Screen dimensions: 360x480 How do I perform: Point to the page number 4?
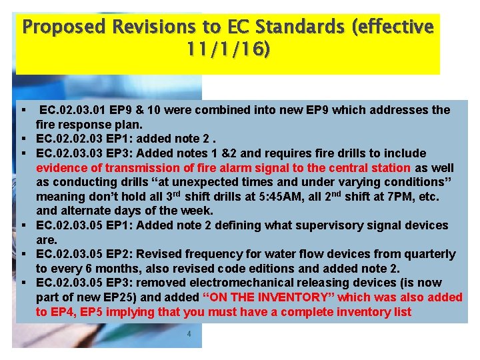pyautogui.click(x=189, y=334)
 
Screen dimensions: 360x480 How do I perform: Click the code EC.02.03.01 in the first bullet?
pyautogui.click(x=73, y=109)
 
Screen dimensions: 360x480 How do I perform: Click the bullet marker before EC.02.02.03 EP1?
pyautogui.click(x=23, y=139)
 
